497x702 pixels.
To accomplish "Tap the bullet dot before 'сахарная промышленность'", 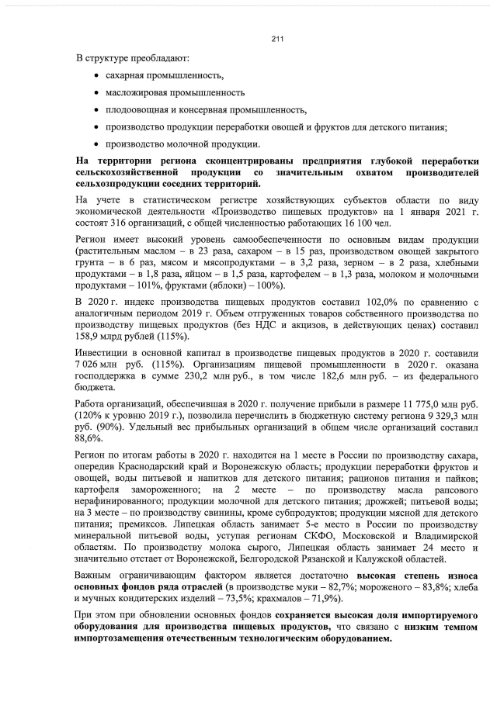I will (x=96, y=76).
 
